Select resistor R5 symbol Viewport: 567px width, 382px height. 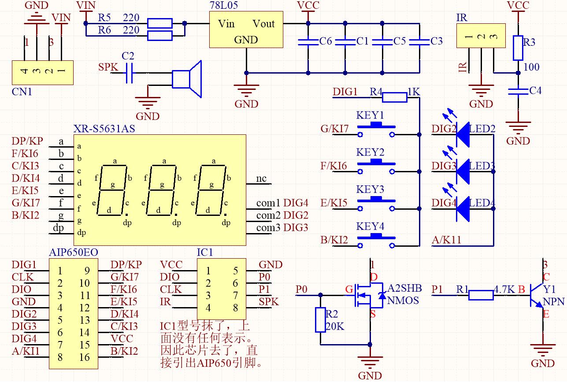[159, 23]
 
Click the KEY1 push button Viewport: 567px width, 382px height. [376, 128]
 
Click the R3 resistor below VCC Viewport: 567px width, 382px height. [518, 48]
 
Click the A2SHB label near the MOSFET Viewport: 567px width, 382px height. [404, 289]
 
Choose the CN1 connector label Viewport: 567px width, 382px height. [21, 92]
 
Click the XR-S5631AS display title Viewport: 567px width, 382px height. [104, 129]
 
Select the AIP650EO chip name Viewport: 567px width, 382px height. [73, 252]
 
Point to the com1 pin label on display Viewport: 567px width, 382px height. [268, 203]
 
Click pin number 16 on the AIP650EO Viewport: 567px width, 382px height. [85, 357]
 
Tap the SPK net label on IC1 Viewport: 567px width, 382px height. [269, 302]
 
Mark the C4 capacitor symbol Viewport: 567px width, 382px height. [518, 91]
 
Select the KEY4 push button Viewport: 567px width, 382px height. [376, 239]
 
